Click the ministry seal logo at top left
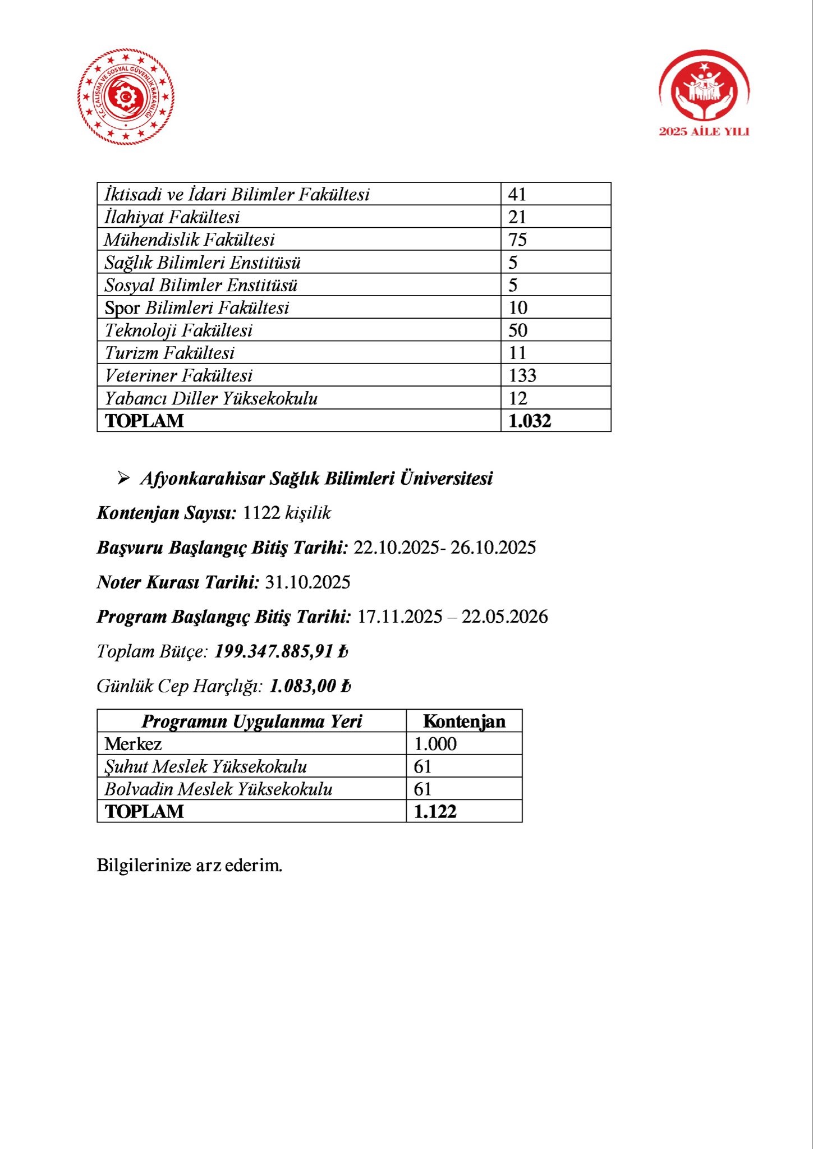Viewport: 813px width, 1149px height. tap(126, 96)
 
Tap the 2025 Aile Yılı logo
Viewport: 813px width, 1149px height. tap(704, 93)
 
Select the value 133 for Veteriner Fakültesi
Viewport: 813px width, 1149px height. tap(522, 375)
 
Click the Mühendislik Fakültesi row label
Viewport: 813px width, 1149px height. tap(190, 240)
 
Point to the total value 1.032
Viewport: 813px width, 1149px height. tap(530, 421)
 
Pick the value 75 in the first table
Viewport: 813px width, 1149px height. tap(517, 240)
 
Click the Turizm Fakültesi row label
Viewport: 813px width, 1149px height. tap(169, 353)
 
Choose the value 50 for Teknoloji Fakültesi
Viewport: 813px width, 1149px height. tap(518, 330)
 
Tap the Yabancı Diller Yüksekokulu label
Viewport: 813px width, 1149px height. tap(211, 398)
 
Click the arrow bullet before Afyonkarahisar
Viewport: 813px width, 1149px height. tap(123, 479)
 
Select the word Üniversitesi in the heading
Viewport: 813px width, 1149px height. tap(446, 479)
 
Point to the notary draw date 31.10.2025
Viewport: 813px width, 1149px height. tap(307, 582)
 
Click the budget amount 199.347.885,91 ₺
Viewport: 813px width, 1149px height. tap(281, 651)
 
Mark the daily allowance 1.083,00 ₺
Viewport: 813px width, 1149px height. tap(310, 686)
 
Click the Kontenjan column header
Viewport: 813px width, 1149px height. tap(464, 721)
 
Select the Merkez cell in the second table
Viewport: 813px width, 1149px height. tap(133, 744)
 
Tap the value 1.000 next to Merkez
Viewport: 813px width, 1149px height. tap(435, 744)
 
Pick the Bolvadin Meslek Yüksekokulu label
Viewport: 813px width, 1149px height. tap(218, 789)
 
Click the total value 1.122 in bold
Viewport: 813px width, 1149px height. tap(435, 812)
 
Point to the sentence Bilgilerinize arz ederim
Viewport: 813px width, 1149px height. tap(190, 865)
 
